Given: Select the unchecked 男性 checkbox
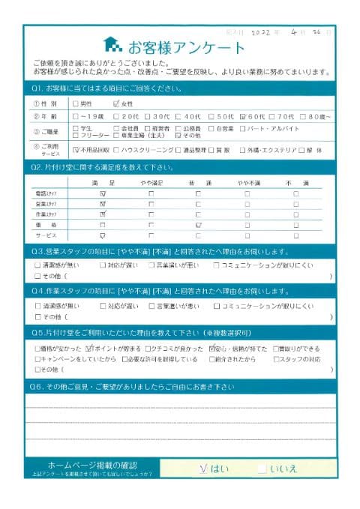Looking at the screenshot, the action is click(75, 103).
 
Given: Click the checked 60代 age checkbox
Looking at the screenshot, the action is click(243, 116).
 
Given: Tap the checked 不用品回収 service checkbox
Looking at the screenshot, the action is click(75, 150).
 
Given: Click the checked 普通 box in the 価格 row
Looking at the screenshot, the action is click(198, 224).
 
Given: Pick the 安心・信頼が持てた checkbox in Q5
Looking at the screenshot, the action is click(213, 349).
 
